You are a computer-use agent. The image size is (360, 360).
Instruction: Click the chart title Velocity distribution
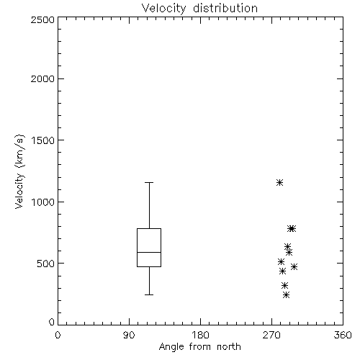[x=199, y=9]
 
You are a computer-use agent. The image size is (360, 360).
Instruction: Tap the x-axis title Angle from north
[x=199, y=347]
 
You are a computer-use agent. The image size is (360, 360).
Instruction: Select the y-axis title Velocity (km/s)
[x=19, y=171]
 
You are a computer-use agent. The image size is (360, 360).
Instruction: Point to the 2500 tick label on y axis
[x=42, y=19]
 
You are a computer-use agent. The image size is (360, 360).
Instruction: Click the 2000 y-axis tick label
[x=42, y=78]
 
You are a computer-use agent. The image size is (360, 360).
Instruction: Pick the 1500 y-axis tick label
[x=43, y=140]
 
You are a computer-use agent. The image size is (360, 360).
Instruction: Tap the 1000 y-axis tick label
[x=43, y=202]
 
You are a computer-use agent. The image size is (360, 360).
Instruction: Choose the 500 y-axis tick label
[x=46, y=264]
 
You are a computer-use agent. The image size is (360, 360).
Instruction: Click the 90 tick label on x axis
[x=129, y=335]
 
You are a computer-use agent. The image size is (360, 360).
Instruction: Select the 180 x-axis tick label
[x=200, y=335]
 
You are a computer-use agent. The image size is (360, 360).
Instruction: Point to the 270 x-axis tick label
[x=271, y=335]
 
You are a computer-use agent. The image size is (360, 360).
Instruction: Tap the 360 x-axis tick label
[x=343, y=335]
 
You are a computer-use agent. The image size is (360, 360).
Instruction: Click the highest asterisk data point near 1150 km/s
[x=279, y=183]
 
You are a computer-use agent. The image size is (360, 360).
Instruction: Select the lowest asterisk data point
[x=286, y=294]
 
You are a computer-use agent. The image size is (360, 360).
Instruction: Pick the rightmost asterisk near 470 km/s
[x=294, y=266]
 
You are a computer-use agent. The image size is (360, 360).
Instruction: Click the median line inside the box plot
[x=149, y=252]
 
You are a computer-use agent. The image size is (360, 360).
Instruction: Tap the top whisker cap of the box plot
[x=149, y=183]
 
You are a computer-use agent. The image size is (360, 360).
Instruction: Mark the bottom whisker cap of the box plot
[x=149, y=294]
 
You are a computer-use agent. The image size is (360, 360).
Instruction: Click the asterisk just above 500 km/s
[x=281, y=261]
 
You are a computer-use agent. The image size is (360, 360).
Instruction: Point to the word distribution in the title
[x=225, y=9]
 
